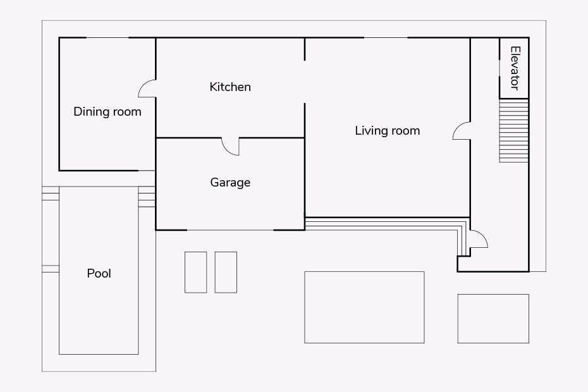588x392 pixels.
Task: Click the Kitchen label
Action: click(230, 87)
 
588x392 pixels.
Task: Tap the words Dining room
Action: click(107, 112)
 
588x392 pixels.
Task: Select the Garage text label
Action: click(230, 183)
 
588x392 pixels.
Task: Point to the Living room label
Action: click(388, 131)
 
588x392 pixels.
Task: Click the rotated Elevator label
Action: click(515, 68)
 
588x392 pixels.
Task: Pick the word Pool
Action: click(99, 274)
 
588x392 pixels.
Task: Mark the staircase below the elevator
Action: click(514, 130)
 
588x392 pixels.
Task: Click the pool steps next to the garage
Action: click(147, 197)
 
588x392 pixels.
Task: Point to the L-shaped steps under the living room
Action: click(386, 224)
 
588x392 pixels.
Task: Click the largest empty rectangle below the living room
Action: click(364, 307)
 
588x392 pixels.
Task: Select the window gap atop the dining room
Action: click(107, 37)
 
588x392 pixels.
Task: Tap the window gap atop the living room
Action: click(386, 37)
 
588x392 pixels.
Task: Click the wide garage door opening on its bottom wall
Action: click(230, 230)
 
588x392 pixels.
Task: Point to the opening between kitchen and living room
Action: click(305, 82)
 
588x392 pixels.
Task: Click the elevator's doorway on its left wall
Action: click(499, 68)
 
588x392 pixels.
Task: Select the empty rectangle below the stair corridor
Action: click(493, 319)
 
